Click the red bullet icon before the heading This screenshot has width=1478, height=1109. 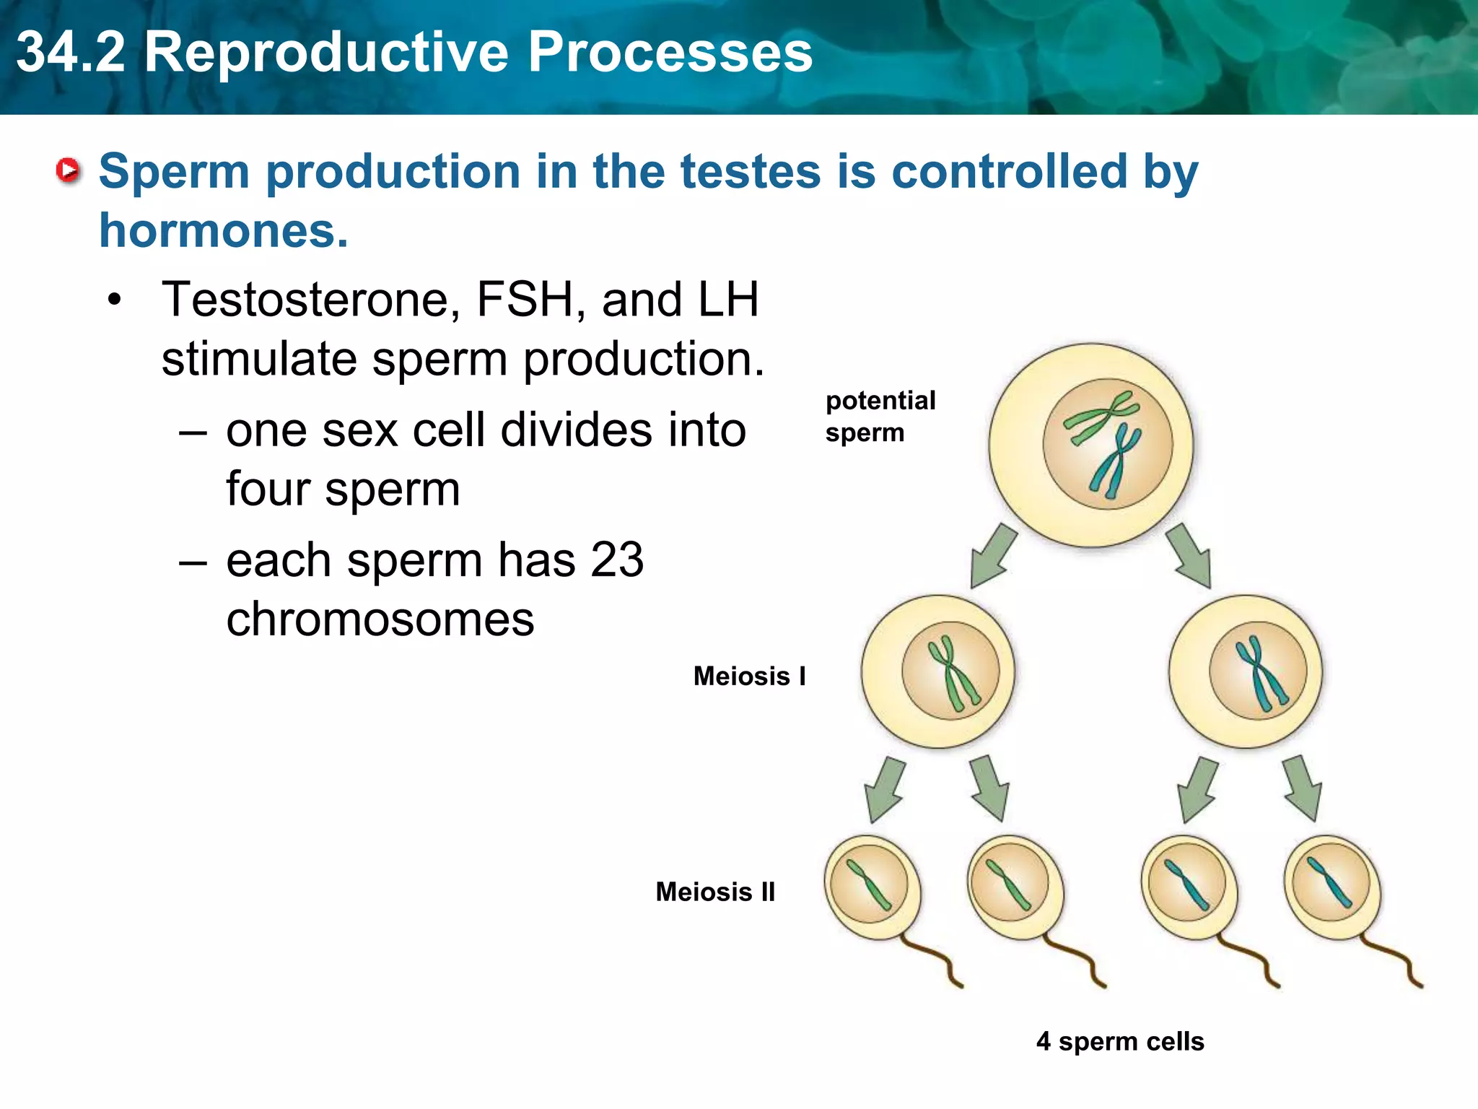coord(69,170)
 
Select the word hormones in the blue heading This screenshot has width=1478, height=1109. coord(222,231)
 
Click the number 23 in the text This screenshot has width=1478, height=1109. coord(617,560)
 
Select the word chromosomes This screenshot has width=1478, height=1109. coord(380,619)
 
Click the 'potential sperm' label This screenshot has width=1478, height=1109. coord(880,417)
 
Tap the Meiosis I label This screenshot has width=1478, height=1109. coord(749,677)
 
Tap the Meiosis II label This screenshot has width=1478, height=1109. coord(715,892)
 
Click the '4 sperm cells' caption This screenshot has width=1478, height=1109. coord(1120,1041)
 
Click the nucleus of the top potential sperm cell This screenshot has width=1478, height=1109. coord(1107,444)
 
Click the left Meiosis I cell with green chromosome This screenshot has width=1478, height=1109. coord(938,671)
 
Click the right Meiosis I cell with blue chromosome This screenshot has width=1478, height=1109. coord(1246,671)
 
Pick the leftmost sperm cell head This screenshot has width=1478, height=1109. coord(872,887)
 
